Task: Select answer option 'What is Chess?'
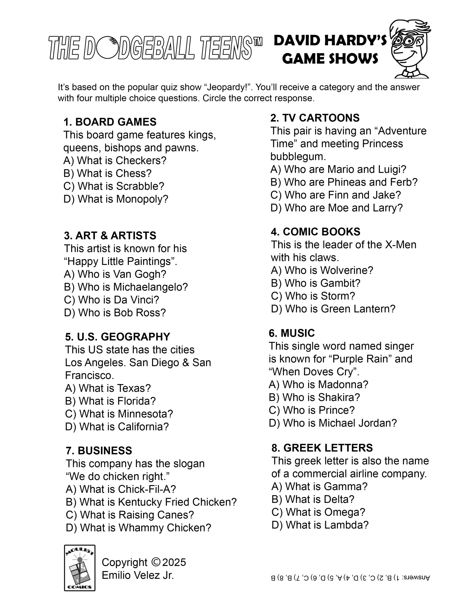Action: pos(108,173)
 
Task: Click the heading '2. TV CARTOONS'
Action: pos(315,118)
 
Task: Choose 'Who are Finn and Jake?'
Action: pos(336,195)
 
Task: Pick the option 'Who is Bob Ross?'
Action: pos(115,313)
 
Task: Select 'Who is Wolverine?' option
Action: pos(322,270)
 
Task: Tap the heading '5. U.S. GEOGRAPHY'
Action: pos(117,337)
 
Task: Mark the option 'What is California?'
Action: pos(117,427)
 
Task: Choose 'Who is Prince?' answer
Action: pos(312,410)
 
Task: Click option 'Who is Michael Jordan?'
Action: pos(333,423)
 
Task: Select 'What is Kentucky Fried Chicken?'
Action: pos(151,502)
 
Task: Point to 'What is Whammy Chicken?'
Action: pos(138,528)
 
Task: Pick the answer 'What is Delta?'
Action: pos(313,499)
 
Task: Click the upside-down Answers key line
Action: pos(350,578)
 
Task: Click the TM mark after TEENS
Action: pos(257,42)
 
